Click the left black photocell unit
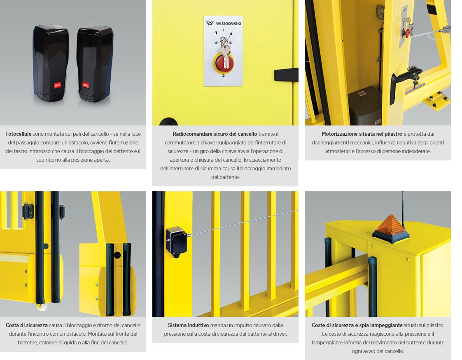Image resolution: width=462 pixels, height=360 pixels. click(51, 63)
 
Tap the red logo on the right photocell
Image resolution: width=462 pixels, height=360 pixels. click(86, 85)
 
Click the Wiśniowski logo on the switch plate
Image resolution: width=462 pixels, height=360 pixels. click(224, 23)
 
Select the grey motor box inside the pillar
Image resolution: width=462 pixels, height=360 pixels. click(365, 106)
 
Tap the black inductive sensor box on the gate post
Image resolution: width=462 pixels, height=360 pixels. click(176, 242)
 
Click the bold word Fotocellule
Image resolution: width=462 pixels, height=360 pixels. click(18, 134)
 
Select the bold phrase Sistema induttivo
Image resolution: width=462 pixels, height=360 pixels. click(188, 325)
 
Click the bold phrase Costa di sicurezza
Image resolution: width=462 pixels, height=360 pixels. click(26, 325)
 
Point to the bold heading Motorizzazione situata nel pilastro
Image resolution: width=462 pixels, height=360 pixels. click(362, 134)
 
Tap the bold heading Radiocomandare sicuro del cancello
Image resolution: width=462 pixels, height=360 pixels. click(215, 134)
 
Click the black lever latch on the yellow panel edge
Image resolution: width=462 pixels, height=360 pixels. click(286, 75)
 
